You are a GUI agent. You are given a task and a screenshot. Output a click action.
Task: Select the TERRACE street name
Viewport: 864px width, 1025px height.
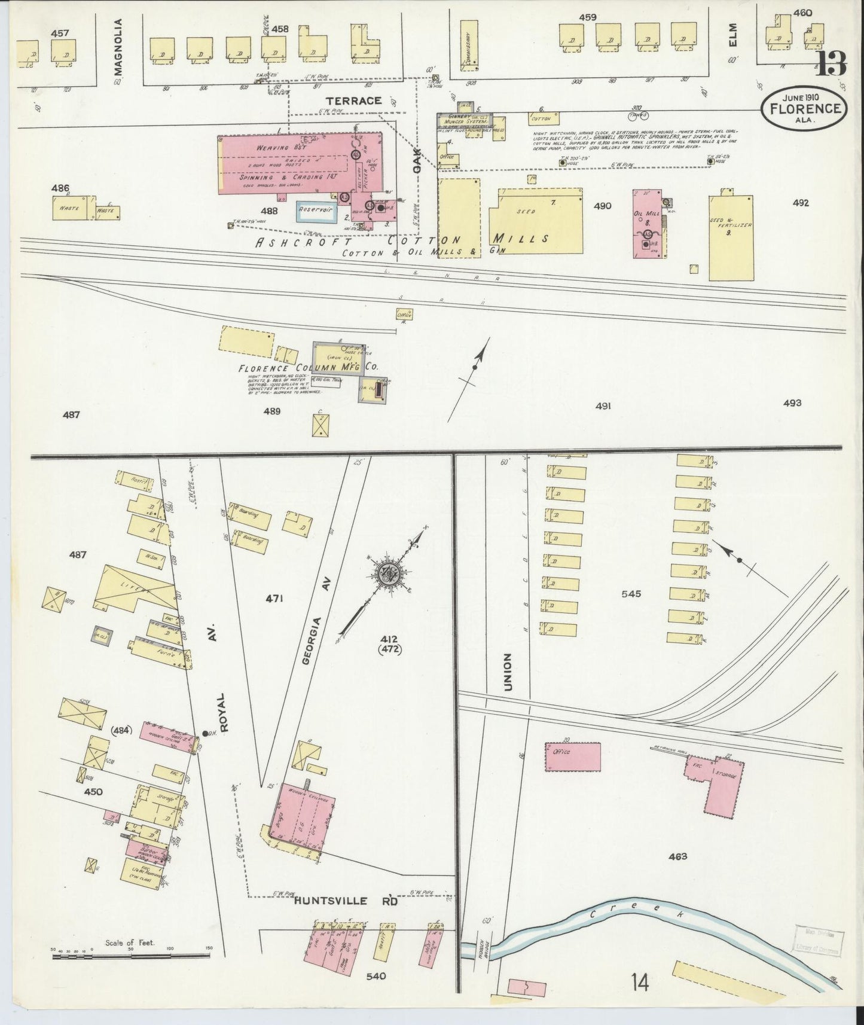[x=353, y=101]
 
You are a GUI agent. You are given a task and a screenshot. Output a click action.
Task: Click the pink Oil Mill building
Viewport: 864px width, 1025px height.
[x=647, y=224]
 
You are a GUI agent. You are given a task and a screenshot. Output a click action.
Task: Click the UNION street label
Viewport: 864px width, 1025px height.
[x=508, y=672]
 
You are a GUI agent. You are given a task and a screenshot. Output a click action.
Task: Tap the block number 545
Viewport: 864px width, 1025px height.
[x=631, y=594]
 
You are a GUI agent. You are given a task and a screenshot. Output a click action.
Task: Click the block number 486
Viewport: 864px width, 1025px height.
[x=60, y=188]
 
